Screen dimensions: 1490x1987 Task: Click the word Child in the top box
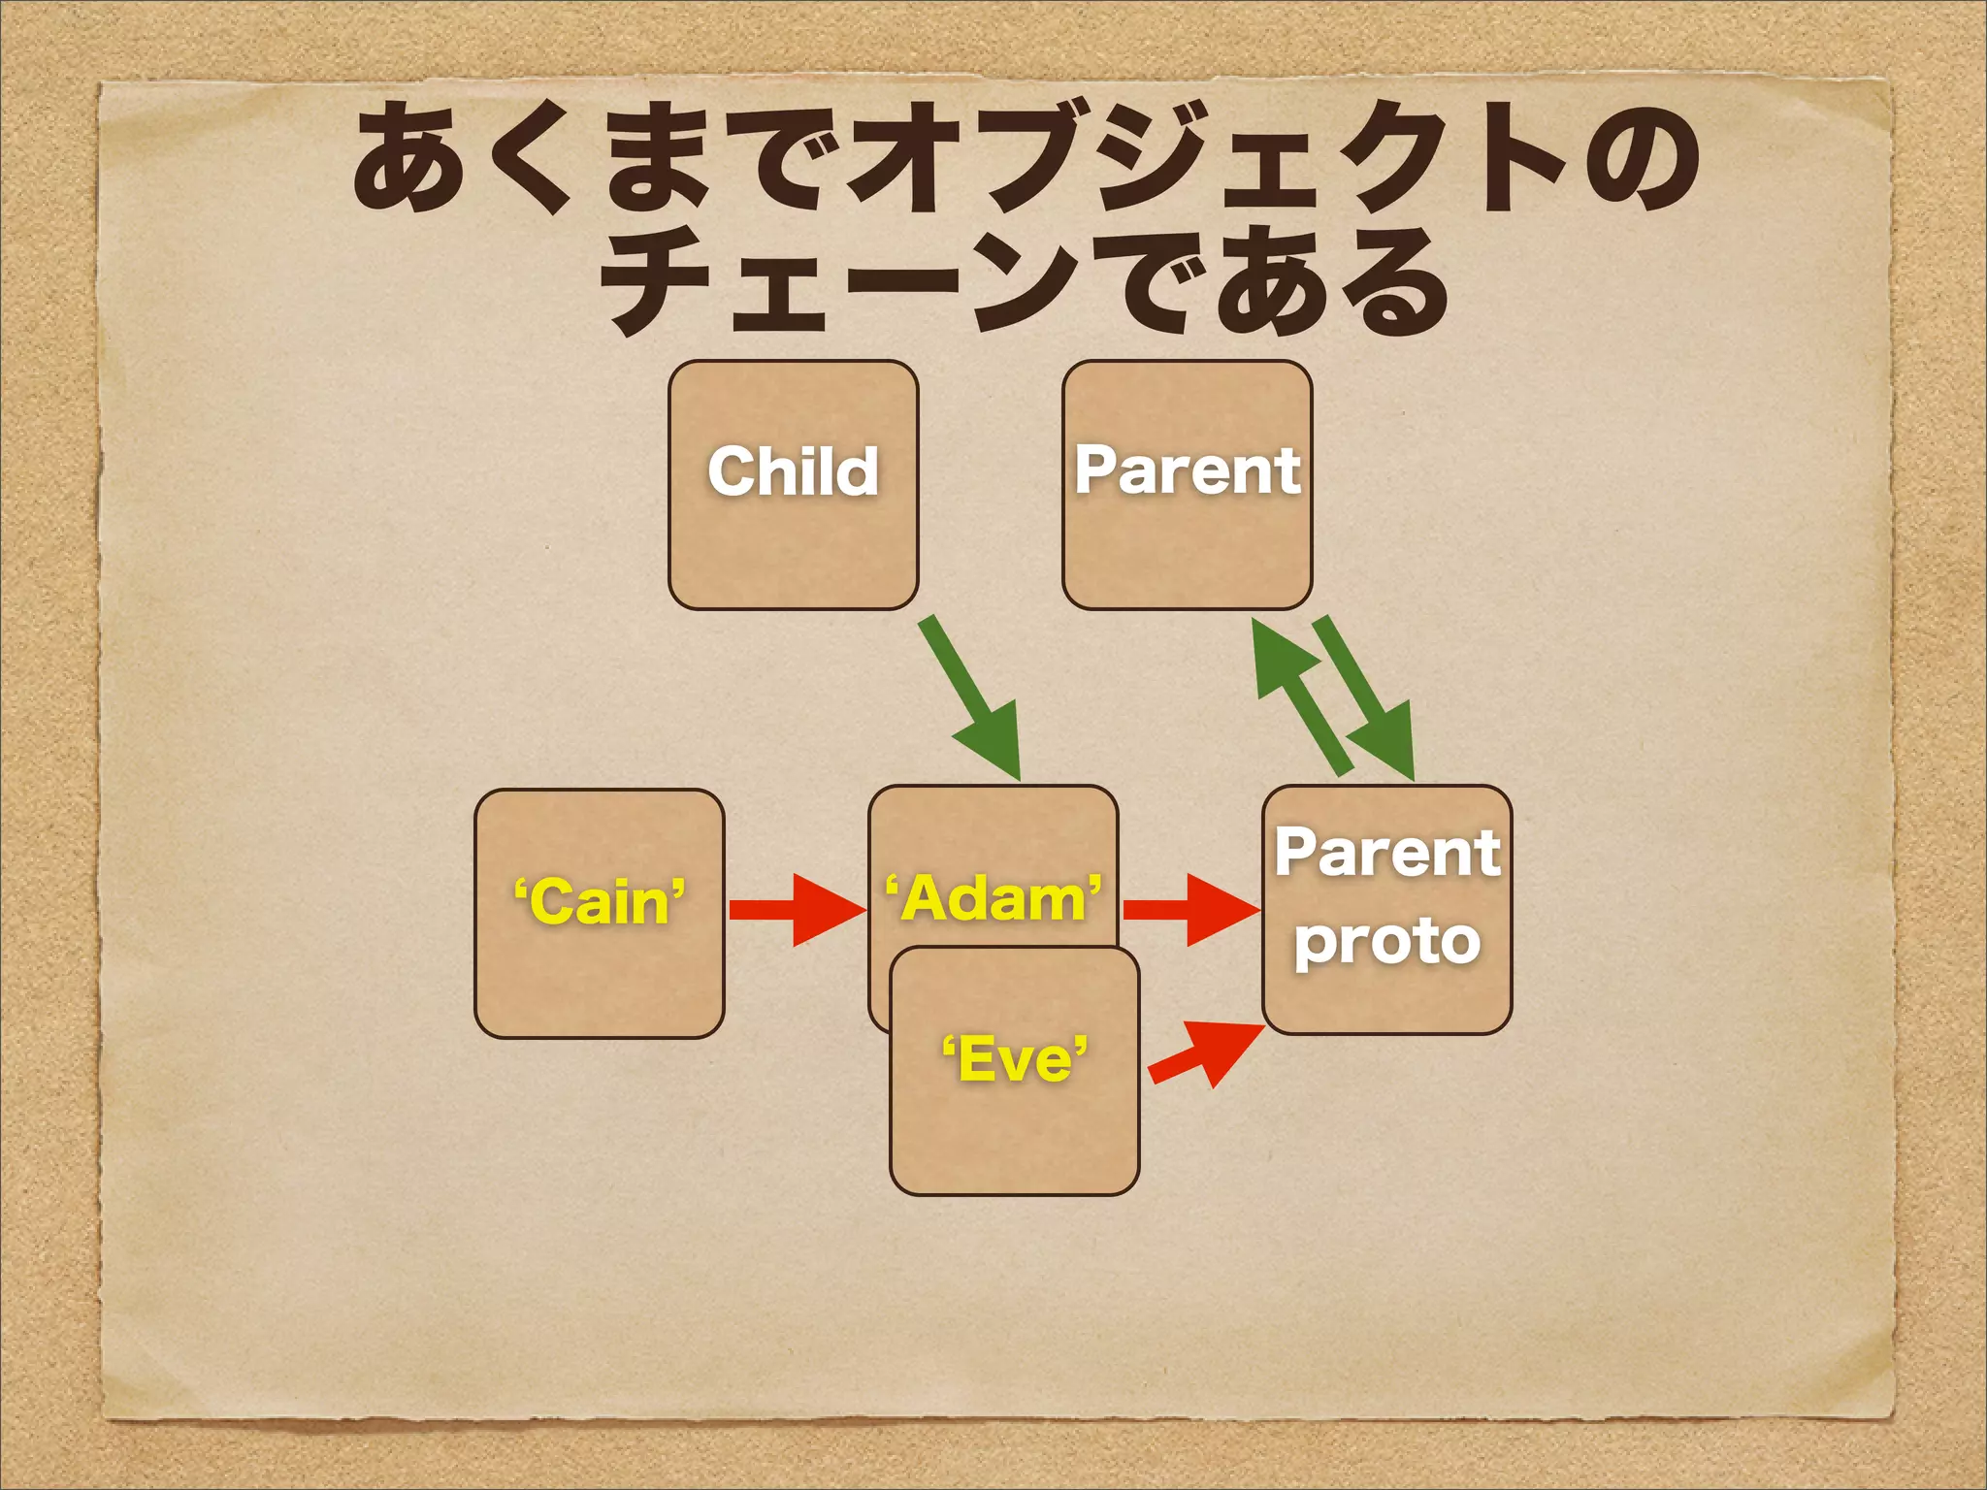point(793,471)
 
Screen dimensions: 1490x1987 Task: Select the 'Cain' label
point(599,901)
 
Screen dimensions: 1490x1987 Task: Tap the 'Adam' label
point(993,898)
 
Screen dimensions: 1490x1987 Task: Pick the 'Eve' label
point(1014,1058)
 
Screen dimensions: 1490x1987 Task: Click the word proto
point(1386,941)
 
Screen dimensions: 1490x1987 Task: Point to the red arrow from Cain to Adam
point(796,909)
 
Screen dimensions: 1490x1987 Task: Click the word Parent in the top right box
point(1187,470)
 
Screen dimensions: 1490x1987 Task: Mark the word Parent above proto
point(1386,853)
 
